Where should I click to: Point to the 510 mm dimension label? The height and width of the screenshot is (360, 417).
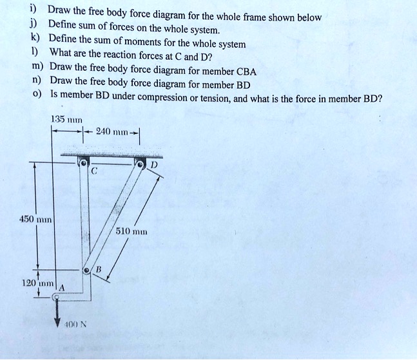click(132, 230)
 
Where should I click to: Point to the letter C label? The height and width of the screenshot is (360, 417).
click(94, 172)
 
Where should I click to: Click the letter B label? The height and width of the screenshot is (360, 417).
click(99, 268)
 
